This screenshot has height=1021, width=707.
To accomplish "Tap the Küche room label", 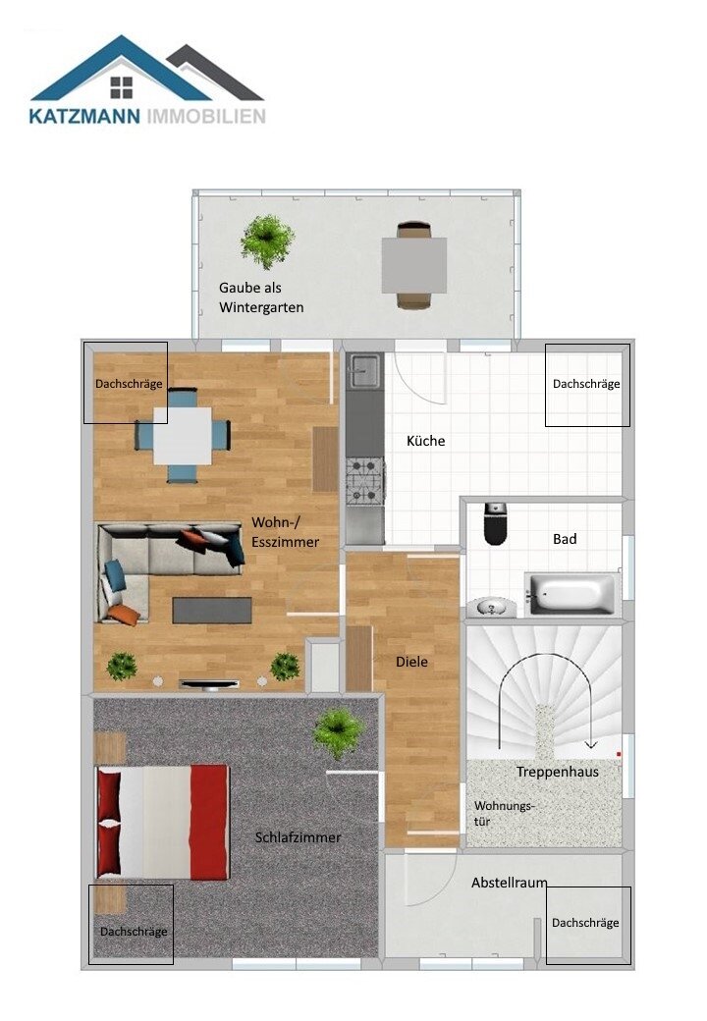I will (x=425, y=441).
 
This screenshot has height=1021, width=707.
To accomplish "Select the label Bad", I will (x=565, y=539).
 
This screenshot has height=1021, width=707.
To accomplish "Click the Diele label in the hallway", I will (x=411, y=662).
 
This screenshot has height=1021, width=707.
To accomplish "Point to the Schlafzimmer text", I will (x=298, y=837).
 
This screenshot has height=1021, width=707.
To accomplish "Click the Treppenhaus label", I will (x=557, y=772).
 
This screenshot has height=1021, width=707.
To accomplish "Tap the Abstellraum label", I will (x=509, y=883).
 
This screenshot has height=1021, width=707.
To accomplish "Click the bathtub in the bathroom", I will (x=571, y=593).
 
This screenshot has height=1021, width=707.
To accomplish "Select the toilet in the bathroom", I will (x=495, y=524).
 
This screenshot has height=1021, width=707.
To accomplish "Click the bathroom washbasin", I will (x=489, y=608).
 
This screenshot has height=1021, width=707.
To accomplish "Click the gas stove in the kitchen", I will (x=363, y=480).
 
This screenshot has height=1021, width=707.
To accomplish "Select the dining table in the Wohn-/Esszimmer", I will (x=183, y=435).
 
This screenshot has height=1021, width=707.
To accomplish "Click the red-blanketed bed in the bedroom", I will (x=162, y=822).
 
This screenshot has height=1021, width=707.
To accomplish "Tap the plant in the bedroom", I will (x=338, y=730).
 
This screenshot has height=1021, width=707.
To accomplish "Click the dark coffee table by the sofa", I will (x=211, y=611).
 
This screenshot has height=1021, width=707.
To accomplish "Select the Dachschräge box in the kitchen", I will (x=586, y=384).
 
